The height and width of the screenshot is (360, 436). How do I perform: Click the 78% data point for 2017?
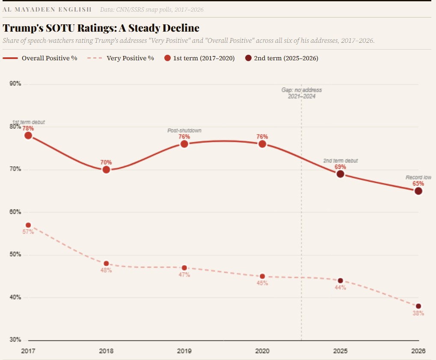(x=28, y=136)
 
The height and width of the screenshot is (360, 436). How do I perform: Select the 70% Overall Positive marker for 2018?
(x=106, y=170)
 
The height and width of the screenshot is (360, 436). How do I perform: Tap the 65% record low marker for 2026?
(x=418, y=191)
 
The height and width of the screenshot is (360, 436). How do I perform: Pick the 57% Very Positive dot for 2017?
(x=28, y=225)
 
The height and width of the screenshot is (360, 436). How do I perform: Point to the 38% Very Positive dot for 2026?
(x=418, y=306)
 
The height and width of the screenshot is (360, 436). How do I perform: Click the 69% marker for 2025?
(x=340, y=174)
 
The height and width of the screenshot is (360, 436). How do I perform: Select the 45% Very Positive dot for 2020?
(x=262, y=276)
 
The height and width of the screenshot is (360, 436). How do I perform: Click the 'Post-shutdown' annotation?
(x=184, y=130)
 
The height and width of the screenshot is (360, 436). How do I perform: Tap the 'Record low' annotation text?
(x=418, y=177)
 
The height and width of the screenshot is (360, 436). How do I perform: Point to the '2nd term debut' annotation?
(x=340, y=161)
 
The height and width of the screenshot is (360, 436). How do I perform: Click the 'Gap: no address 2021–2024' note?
(x=301, y=93)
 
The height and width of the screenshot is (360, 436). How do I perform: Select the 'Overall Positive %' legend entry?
(x=40, y=58)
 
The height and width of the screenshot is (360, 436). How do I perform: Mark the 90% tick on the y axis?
(x=15, y=84)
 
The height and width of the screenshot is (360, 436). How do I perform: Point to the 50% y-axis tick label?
(x=15, y=255)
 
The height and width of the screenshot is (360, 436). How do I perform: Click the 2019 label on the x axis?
(x=184, y=351)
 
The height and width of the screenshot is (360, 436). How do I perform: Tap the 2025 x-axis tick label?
(x=340, y=351)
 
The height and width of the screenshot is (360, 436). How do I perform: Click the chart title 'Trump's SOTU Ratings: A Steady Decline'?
(x=101, y=29)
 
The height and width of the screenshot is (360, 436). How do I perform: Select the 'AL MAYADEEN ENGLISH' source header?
(x=47, y=9)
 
